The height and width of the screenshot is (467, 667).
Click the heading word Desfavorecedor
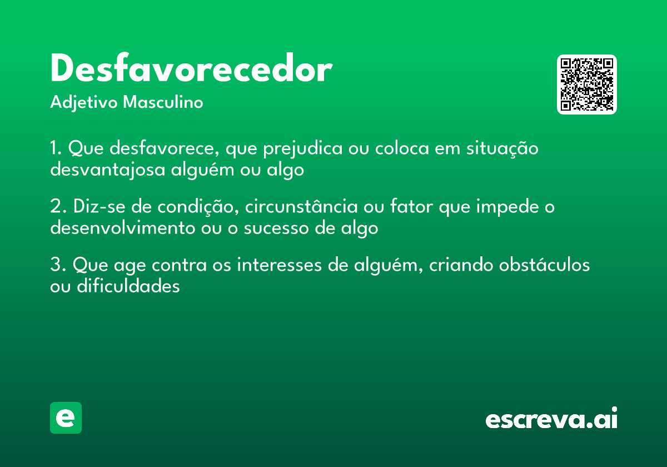tap(191, 70)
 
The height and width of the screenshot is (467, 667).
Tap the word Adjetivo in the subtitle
tap(84, 103)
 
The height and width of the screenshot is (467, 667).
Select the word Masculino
tap(163, 103)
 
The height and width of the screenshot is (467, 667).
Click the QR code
tap(587, 85)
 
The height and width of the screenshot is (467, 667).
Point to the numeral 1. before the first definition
tap(56, 149)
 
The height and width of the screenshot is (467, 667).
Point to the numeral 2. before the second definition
tap(58, 207)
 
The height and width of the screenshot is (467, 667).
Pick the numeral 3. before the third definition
tap(58, 266)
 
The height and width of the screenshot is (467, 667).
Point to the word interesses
tap(280, 266)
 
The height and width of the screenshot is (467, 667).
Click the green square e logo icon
tap(66, 418)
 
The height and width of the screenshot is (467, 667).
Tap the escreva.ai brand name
tap(551, 419)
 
